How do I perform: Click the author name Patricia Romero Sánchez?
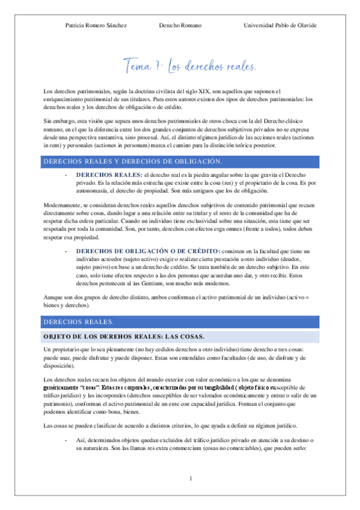(x=95, y=25)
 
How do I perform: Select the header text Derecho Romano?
(x=180, y=25)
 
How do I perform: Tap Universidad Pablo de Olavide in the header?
(x=280, y=25)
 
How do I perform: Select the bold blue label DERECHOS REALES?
(x=109, y=174)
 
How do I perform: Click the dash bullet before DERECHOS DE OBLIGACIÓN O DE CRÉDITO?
(x=66, y=250)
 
